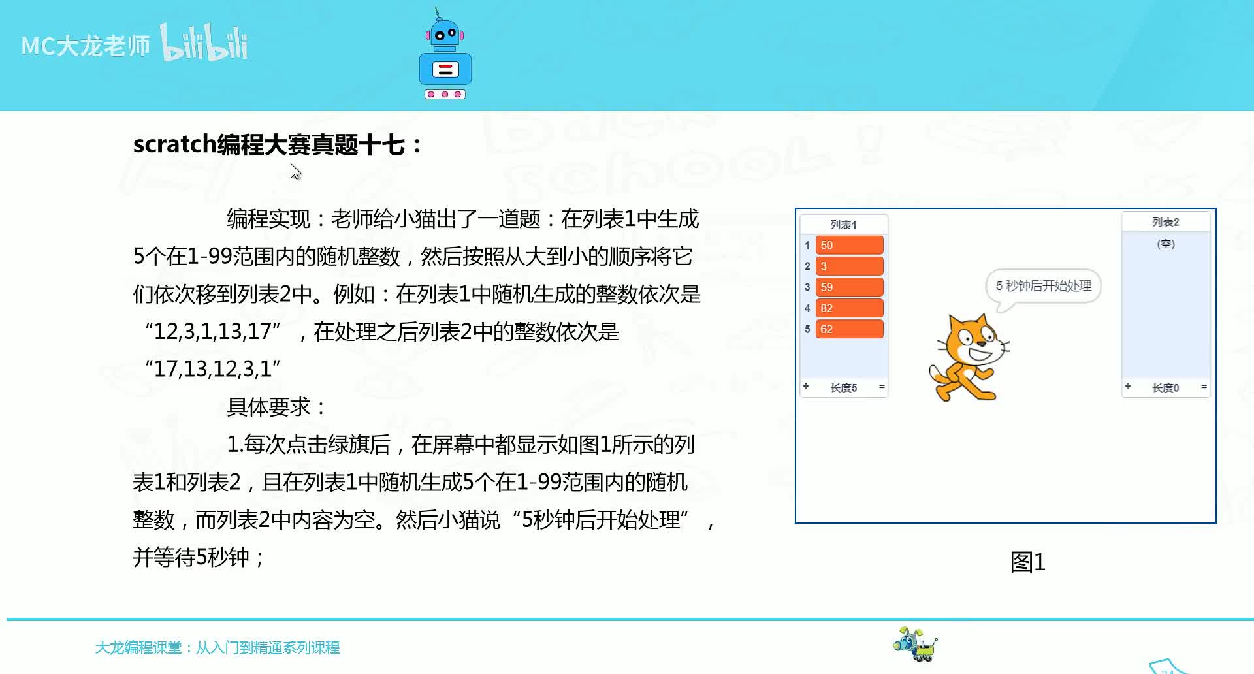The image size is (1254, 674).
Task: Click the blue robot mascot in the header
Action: tap(445, 55)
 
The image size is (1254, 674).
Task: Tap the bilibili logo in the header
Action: tap(204, 42)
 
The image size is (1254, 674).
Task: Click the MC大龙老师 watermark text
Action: tap(86, 46)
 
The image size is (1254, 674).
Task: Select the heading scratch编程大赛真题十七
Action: tap(278, 144)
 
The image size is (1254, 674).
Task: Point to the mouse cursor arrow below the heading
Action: tap(295, 172)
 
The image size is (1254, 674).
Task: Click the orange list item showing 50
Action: tap(849, 245)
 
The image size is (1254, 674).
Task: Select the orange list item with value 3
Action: tap(849, 266)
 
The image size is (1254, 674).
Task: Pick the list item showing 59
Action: tap(849, 287)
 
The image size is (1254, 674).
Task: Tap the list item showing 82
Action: tap(849, 308)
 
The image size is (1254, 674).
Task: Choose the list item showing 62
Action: tap(849, 329)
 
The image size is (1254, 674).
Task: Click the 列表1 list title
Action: tap(843, 225)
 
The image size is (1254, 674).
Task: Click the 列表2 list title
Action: tap(1166, 222)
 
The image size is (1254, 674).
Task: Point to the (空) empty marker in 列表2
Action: tap(1166, 244)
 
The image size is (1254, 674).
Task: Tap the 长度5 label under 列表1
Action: tap(844, 388)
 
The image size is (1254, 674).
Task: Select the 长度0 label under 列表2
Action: tap(1166, 388)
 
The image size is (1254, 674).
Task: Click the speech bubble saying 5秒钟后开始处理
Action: tap(1043, 286)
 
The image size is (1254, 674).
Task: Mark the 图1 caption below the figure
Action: tap(1028, 562)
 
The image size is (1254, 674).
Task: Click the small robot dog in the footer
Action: tap(915, 644)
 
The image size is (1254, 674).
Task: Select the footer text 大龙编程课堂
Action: tap(138, 647)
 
